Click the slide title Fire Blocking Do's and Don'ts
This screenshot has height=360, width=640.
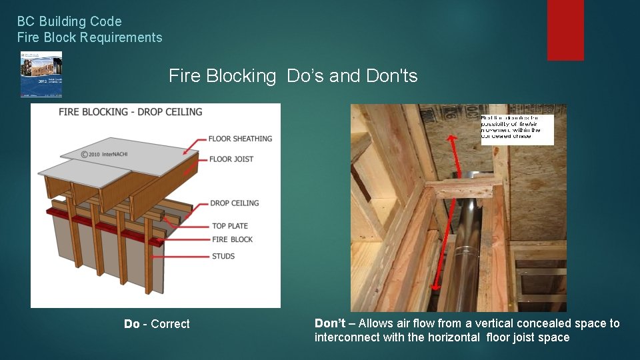point(293,76)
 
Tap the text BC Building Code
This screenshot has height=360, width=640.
point(69,22)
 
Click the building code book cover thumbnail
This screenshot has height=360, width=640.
point(41,74)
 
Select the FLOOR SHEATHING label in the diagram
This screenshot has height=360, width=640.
point(240,139)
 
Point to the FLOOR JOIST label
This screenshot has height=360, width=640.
point(231,159)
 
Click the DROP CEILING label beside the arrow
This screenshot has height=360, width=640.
point(234,203)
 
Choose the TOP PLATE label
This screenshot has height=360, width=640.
point(230,226)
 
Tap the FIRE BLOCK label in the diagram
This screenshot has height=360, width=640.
point(232,239)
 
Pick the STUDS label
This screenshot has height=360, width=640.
point(223,256)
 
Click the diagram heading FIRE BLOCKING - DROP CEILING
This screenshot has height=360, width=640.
point(131,112)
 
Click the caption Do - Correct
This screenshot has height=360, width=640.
point(157,324)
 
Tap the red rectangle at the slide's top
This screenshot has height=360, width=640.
point(565,30)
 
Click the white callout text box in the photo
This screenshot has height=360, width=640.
point(517,129)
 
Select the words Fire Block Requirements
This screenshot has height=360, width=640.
point(89,37)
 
